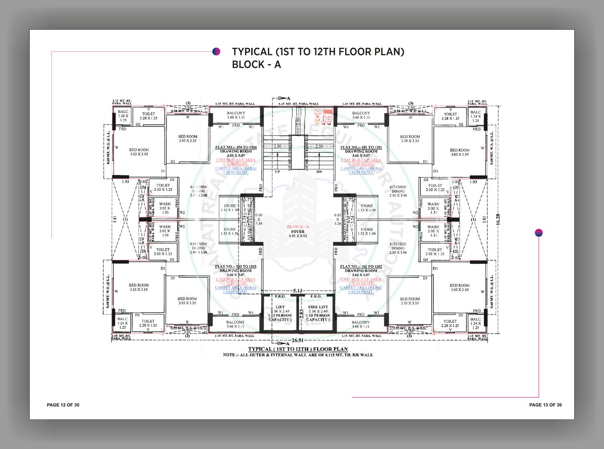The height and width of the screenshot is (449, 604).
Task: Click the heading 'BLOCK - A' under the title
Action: [x=257, y=64]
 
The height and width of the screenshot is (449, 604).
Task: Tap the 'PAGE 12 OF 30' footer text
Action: [x=63, y=405]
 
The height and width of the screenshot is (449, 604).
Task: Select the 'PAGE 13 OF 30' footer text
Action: [x=545, y=405]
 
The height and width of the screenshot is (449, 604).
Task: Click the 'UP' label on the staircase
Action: [x=276, y=172]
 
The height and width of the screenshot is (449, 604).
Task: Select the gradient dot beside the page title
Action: [x=215, y=51]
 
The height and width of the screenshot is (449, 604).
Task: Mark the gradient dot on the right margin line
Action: [x=539, y=232]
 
